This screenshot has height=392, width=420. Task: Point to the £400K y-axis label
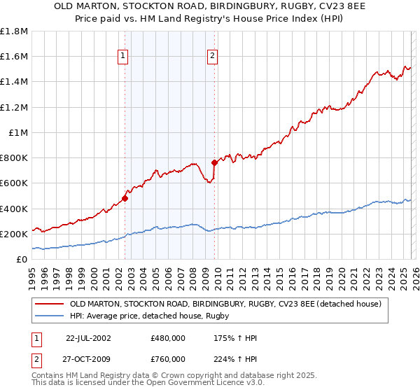pyautogui.click(x=15, y=209)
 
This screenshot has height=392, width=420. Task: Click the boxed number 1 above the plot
pyautogui.click(x=123, y=57)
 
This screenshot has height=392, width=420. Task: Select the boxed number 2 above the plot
pyautogui.click(x=212, y=57)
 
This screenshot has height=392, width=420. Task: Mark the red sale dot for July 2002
pyautogui.click(x=125, y=198)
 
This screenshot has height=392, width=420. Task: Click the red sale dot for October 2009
pyautogui.click(x=214, y=162)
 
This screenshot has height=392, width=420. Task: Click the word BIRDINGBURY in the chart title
pyautogui.click(x=218, y=6)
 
